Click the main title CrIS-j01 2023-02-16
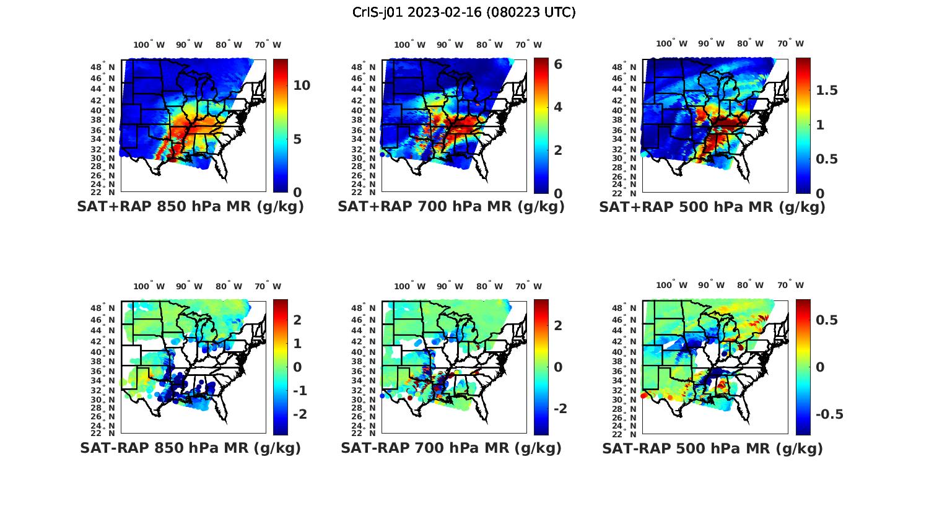pos(464,12)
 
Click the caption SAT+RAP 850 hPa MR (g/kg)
pos(190,207)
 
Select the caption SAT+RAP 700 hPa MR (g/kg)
pos(451,207)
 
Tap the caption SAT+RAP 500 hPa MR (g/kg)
pos(712,207)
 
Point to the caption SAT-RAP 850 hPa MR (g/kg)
pos(190,448)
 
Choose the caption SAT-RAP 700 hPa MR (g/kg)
pos(451,448)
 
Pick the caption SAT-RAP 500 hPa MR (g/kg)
pos(712,448)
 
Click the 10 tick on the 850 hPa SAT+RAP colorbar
pos(302,85)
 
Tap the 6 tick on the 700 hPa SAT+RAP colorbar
pos(557,64)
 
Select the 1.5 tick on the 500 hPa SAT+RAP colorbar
pos(827,90)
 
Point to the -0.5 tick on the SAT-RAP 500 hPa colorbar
pos(828,414)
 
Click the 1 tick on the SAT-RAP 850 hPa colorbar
pos(297,343)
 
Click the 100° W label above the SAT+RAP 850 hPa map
pos(149,45)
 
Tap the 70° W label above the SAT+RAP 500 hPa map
pos(790,43)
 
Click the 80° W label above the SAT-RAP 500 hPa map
pos(750,285)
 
